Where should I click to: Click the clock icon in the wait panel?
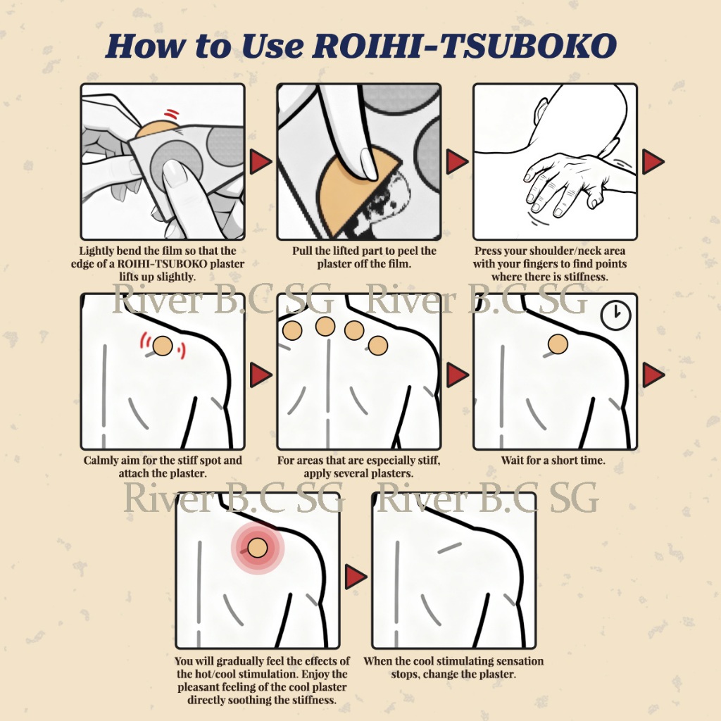[615, 315]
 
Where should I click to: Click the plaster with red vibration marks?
[163, 346]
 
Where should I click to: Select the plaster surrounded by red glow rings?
[258, 548]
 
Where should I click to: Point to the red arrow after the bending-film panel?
[261, 161]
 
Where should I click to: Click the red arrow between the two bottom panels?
[356, 577]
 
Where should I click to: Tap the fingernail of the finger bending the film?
[175, 173]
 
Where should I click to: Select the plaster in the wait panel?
[558, 344]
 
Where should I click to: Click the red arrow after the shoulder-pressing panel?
[653, 161]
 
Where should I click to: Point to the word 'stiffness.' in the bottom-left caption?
[312, 701]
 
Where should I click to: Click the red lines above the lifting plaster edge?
[172, 113]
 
